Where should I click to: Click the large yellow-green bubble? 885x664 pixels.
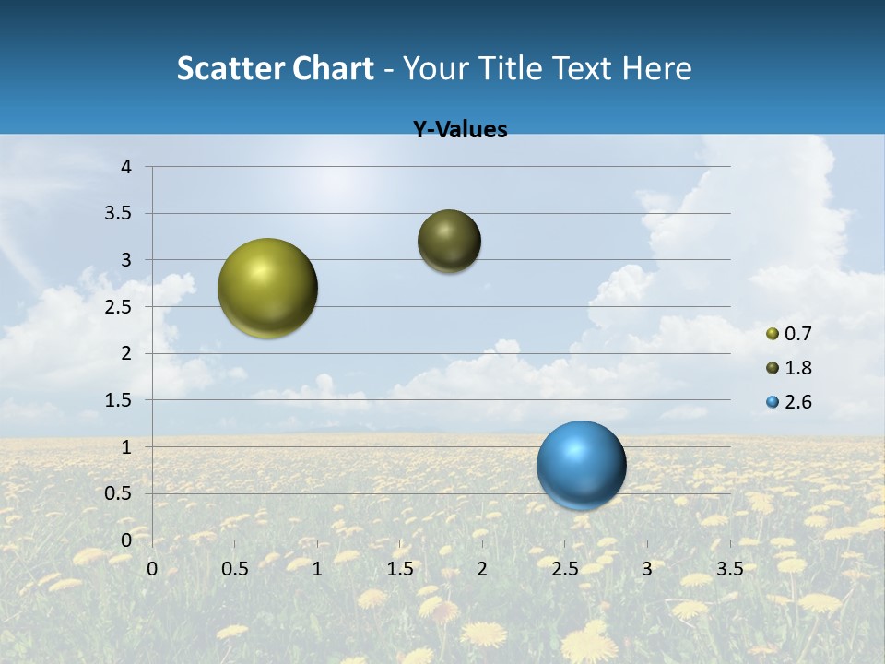[x=268, y=288]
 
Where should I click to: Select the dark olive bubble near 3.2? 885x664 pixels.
[x=449, y=241]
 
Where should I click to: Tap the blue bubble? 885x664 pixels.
[x=581, y=465]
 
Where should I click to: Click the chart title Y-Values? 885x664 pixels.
[x=460, y=130]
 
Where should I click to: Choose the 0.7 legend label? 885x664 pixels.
[x=797, y=334]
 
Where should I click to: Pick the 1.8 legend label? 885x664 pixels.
[x=797, y=368]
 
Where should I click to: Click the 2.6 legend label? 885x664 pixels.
[x=797, y=402]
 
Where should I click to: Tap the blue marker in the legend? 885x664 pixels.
[x=773, y=402]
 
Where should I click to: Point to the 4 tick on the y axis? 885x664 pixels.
[x=126, y=167]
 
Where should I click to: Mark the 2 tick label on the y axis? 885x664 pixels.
[x=126, y=353]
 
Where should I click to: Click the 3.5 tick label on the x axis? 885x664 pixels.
[x=729, y=568]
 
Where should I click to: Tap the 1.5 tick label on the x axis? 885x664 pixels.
[x=399, y=568]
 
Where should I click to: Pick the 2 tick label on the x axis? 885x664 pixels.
[x=482, y=568]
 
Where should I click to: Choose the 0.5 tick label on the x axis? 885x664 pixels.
[x=234, y=568]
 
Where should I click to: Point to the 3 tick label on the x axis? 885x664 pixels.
[x=647, y=568]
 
